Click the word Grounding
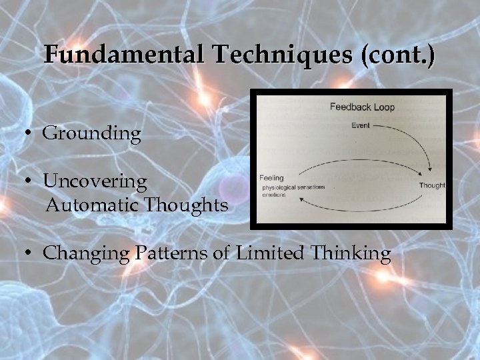coord(92,133)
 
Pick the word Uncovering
coord(95,181)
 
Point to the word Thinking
coord(349,253)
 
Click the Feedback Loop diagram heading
coord(362,107)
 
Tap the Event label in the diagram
coord(360,125)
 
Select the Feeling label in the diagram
coord(271,178)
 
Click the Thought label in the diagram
coord(432,185)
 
